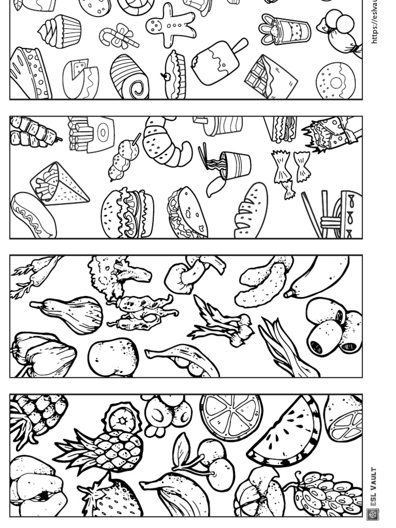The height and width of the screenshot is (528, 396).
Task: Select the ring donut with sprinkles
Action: click(x=335, y=81)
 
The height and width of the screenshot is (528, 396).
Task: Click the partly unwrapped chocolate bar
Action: click(x=270, y=76)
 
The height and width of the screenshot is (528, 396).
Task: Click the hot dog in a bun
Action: click(x=32, y=216)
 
